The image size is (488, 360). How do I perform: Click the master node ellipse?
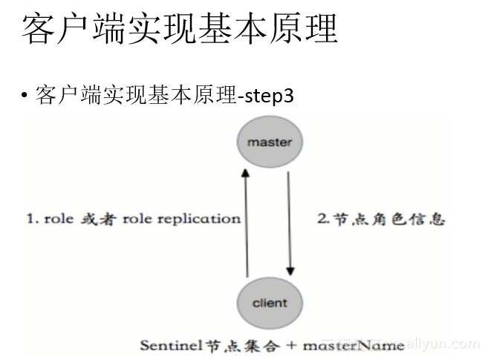pos(270,141)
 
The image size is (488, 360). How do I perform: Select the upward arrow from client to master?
pos(247,223)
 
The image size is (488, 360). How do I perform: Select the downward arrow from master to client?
pos(290,223)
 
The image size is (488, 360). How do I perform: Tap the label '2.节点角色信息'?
pos(381,219)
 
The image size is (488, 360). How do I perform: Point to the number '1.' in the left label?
pos(33,219)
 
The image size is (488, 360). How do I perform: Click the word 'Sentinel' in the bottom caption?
pos(167,346)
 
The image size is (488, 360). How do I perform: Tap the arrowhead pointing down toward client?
pos(290,269)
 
